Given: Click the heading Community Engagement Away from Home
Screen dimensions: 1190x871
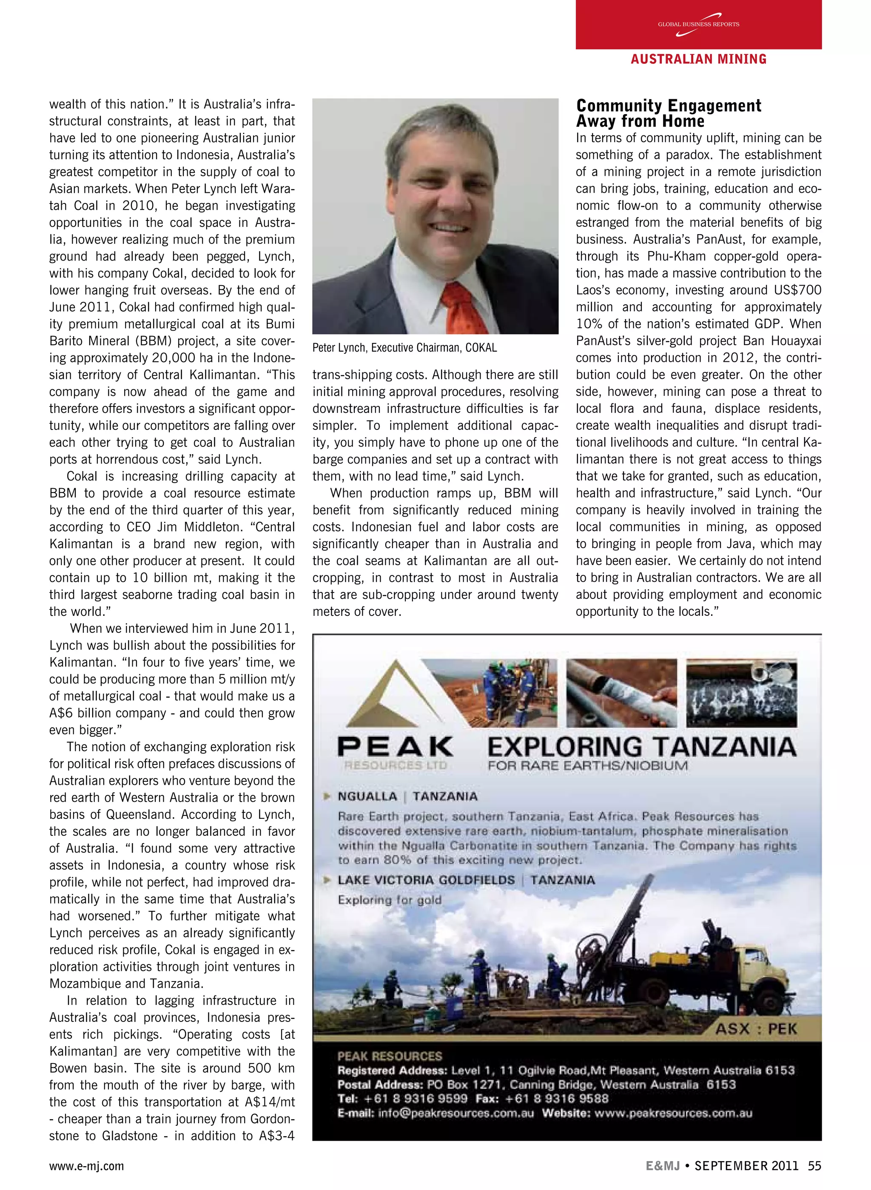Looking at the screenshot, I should [x=668, y=113].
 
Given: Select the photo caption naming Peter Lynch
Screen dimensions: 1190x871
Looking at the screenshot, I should [x=404, y=348].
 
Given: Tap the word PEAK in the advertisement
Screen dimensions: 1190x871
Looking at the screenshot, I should [x=395, y=747].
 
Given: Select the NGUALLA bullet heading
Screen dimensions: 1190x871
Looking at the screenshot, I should [x=367, y=796].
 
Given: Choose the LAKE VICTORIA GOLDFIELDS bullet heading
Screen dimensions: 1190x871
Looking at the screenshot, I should [x=426, y=880].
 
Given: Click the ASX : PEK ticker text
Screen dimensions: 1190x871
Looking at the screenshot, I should [x=756, y=1029].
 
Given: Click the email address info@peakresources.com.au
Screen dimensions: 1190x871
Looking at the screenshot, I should [x=455, y=1113].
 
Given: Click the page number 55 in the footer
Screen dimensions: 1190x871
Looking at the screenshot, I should [x=814, y=1165].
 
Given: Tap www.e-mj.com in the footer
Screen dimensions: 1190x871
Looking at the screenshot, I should [x=86, y=1166].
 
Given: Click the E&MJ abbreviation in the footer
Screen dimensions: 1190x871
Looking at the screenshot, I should [x=663, y=1165].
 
